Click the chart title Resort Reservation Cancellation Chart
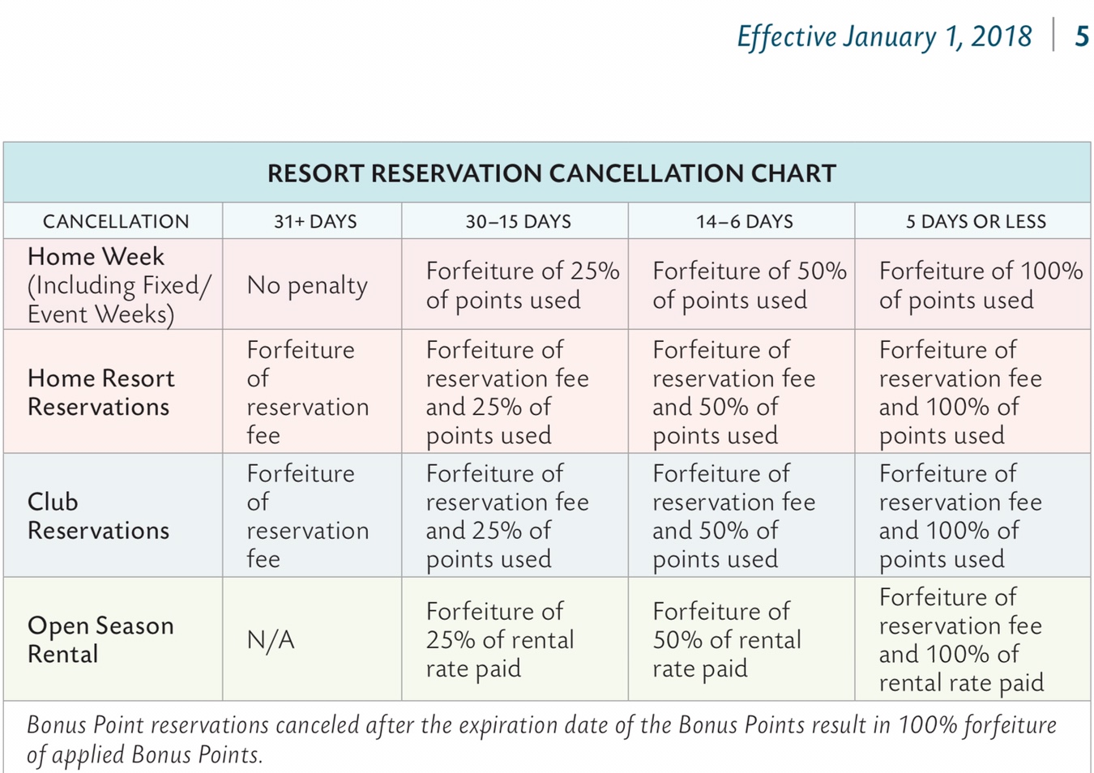(x=551, y=173)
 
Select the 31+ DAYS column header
(x=314, y=221)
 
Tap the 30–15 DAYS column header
(x=518, y=221)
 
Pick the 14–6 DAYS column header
(x=744, y=221)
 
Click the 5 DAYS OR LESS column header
(x=976, y=221)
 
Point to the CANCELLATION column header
(x=116, y=221)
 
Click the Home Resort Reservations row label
(x=101, y=392)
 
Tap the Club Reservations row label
(x=98, y=515)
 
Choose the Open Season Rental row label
(x=100, y=639)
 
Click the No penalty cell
(x=307, y=285)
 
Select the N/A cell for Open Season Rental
(x=271, y=640)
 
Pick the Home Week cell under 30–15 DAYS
(x=522, y=285)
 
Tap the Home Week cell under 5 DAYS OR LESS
(x=980, y=285)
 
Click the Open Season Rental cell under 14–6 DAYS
(x=726, y=639)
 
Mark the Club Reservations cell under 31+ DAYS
(x=307, y=515)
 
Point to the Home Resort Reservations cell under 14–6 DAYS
(x=733, y=392)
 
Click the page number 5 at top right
(x=1081, y=36)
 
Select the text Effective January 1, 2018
(x=884, y=36)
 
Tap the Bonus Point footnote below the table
(x=541, y=739)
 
